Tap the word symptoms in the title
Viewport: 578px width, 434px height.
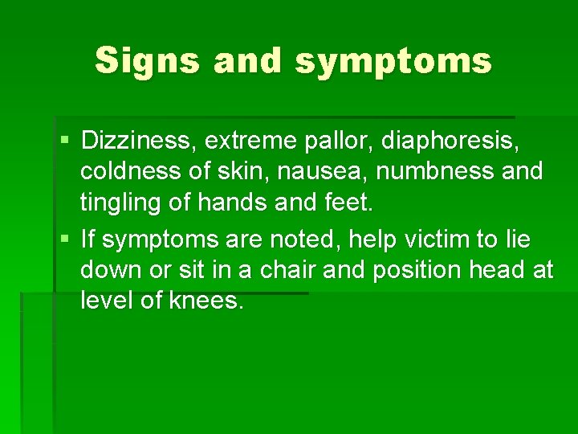coord(393,62)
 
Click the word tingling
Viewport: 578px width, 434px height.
coord(118,203)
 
